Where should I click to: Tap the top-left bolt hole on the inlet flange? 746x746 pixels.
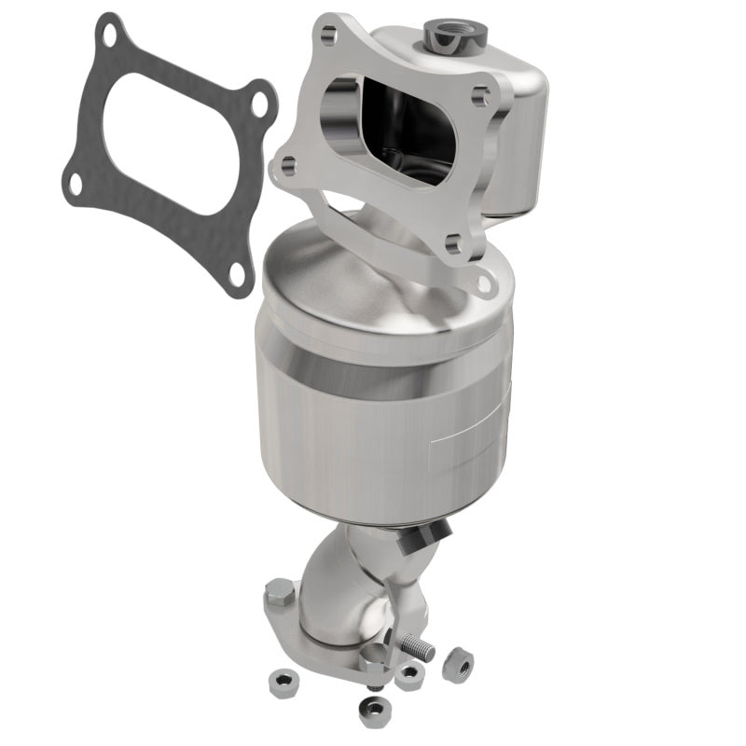point(328,36)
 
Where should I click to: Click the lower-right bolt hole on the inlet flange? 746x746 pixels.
point(454,245)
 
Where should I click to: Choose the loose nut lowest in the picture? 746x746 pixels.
point(374,711)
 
